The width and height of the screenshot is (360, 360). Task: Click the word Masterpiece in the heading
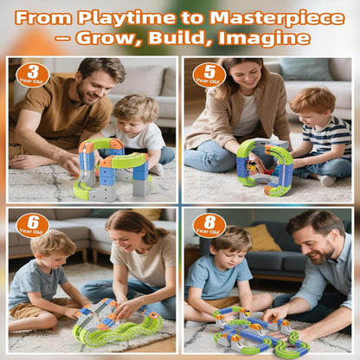[277, 18]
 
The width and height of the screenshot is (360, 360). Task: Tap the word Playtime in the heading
[126, 19]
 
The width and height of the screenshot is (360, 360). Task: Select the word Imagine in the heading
[264, 39]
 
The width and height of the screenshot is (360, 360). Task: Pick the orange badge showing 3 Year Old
[32, 74]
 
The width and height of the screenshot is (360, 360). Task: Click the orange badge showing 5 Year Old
[209, 74]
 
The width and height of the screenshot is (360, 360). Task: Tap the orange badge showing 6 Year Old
[33, 225]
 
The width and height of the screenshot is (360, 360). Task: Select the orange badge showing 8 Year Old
[209, 225]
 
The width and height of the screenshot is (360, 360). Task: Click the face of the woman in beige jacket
[245, 74]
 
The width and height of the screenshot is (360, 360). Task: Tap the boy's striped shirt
[327, 136]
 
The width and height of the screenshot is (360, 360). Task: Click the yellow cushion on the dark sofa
[261, 238]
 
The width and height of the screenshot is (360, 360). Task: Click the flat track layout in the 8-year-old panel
[260, 331]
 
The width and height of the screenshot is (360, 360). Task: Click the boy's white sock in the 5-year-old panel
[328, 181]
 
